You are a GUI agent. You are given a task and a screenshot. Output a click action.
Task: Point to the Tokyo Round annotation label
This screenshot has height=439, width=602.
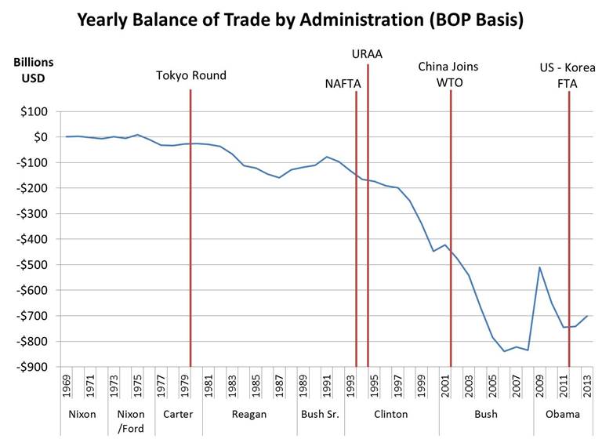(190, 76)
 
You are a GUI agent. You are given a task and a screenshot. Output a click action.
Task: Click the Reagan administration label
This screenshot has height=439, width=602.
(250, 415)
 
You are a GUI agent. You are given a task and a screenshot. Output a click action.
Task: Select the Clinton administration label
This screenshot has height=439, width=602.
(391, 415)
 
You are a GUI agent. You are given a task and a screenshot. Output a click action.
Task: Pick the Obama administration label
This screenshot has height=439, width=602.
(564, 415)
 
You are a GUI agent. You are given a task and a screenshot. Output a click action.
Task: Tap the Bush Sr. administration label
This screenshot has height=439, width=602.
(320, 415)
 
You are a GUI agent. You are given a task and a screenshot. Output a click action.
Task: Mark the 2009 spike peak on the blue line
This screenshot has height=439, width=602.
(539, 267)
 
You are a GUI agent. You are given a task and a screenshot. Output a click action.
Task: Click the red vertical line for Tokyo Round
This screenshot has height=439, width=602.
(190, 235)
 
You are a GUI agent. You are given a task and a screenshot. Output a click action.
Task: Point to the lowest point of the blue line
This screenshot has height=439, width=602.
(504, 351)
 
